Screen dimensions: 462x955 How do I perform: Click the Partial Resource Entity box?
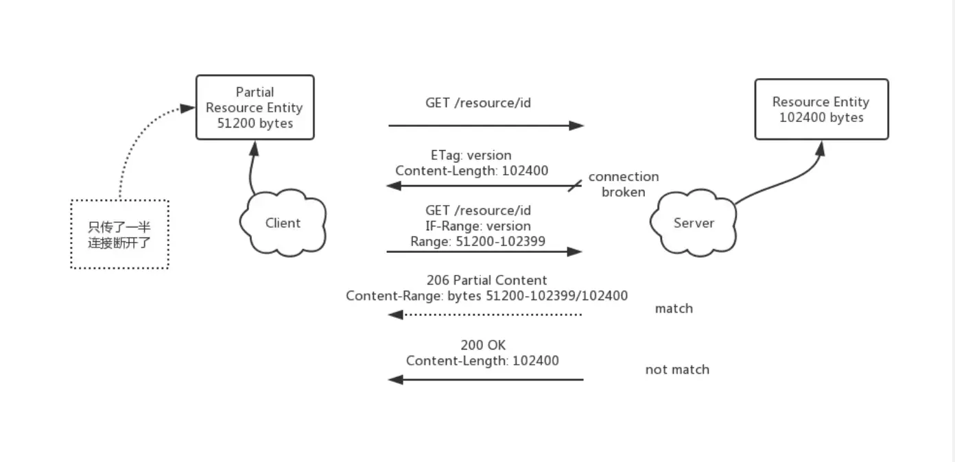click(x=255, y=108)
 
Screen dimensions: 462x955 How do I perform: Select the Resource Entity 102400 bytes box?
click(x=821, y=110)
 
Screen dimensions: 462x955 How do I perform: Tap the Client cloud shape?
click(x=283, y=223)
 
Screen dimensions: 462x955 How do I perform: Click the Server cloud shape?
click(x=694, y=223)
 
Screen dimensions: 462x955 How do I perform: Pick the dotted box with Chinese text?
click(x=119, y=234)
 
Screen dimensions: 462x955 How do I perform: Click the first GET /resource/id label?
click(x=478, y=103)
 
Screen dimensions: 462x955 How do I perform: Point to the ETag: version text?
click(x=471, y=155)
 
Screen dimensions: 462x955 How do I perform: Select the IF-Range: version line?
click(x=478, y=226)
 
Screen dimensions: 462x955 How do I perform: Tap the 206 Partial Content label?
click(x=486, y=280)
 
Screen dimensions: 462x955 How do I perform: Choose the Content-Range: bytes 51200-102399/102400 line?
click(x=486, y=296)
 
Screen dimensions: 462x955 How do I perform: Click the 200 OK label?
click(x=483, y=345)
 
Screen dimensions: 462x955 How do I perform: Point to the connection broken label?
click(x=623, y=184)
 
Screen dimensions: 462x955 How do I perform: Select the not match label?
click(x=677, y=369)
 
